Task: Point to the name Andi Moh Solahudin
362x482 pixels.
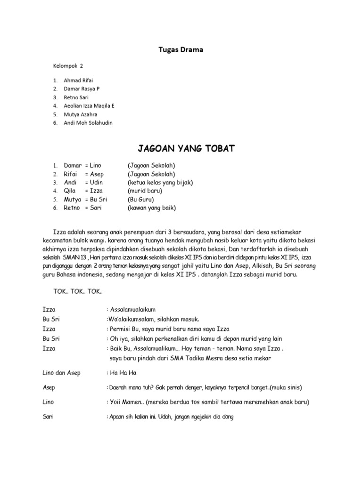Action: point(88,123)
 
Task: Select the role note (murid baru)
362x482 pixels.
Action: point(145,191)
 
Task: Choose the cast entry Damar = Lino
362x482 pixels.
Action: point(82,166)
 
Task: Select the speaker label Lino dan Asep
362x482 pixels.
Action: point(61,373)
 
